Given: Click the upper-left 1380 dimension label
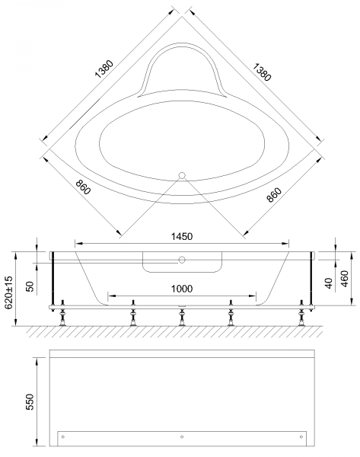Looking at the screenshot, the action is (104, 69).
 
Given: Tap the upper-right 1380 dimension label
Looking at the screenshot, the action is (262, 72).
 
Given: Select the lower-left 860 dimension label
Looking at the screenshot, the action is (83, 187).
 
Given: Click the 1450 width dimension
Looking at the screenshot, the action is (182, 236).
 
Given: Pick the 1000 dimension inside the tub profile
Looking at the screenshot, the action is (182, 289).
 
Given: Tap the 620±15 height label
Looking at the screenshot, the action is (8, 292).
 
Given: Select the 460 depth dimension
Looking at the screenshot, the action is (345, 279).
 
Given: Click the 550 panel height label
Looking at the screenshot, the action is (30, 402).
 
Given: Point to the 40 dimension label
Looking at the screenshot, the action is (329, 283).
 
